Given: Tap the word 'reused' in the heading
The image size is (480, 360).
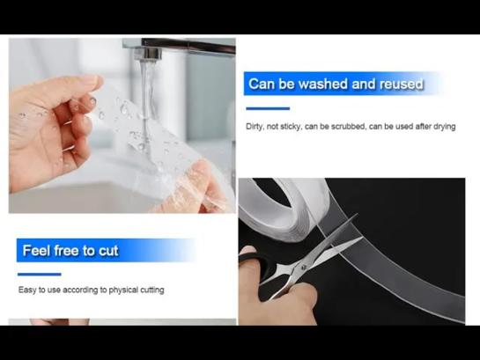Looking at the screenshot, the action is point(402,84).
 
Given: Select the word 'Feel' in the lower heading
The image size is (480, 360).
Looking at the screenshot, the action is point(36,251).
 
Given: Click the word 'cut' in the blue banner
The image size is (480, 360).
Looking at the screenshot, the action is point(108,251).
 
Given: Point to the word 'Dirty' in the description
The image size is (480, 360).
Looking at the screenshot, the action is point(255,127).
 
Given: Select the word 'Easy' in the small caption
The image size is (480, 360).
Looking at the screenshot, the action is point(27,290).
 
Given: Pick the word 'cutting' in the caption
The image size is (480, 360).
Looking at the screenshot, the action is point(152,290).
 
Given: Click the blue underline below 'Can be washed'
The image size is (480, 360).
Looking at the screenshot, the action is point(268,108).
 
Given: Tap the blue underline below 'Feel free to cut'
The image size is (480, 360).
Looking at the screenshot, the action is point(39,275).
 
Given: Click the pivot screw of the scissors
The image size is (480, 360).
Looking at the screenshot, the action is point(304,267).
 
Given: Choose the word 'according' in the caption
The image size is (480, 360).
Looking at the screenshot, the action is point(80,290).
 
